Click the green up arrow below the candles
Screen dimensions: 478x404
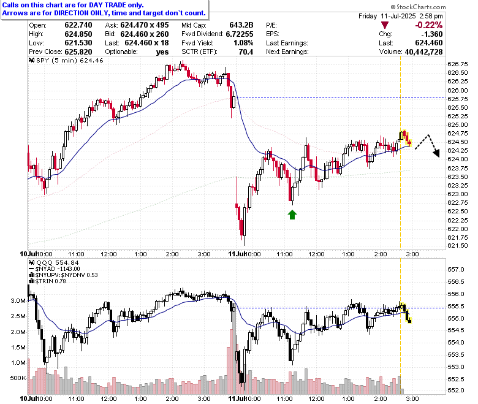coord(292,215)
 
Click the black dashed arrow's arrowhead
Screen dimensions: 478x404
coord(436,153)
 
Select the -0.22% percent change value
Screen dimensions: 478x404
coord(428,25)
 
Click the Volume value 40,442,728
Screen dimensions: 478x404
coord(423,52)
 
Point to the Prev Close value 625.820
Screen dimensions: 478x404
coord(78,52)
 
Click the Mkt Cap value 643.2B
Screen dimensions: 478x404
coord(241,25)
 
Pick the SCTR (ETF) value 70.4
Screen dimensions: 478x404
coord(246,52)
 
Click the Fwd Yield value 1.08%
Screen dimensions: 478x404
coord(243,43)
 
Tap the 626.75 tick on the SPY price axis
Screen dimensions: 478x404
coord(457,64)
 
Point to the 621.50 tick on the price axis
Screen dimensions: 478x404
coord(457,245)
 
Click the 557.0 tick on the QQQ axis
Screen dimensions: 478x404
coord(456,270)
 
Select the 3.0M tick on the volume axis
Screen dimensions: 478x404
coord(18,300)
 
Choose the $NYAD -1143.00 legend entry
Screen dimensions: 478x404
coord(55,269)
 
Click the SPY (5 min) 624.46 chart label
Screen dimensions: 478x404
coord(66,60)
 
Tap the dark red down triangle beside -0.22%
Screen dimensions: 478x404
coord(385,25)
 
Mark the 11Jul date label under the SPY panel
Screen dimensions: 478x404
coord(237,254)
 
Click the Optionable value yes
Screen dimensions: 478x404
coord(162,52)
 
